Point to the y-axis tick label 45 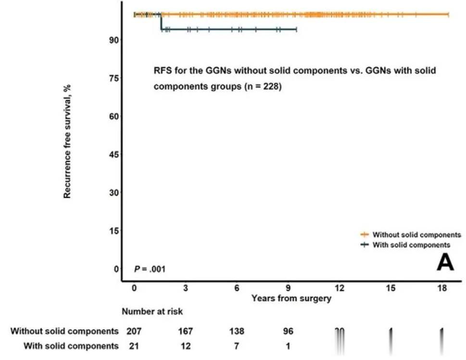[114, 154]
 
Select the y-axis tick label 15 [114, 231]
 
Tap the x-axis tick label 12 [340, 288]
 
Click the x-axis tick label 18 [441, 288]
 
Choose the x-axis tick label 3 [186, 288]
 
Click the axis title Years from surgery [291, 298]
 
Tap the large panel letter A [445, 263]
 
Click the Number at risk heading [151, 311]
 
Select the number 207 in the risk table [134, 331]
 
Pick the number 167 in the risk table [185, 331]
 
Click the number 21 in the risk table [134, 346]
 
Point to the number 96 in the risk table [288, 331]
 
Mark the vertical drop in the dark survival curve [161, 22]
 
